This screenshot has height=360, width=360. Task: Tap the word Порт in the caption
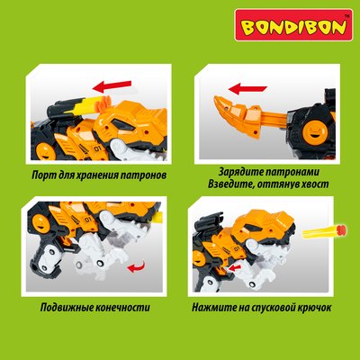(44, 175)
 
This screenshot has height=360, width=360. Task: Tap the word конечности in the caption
(121, 308)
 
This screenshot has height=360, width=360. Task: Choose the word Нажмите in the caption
(215, 308)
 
